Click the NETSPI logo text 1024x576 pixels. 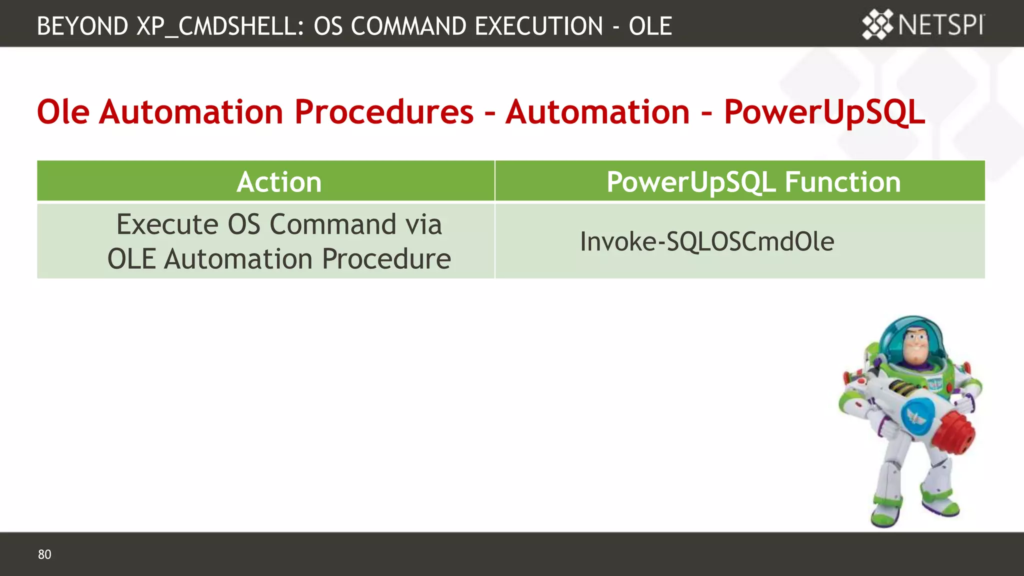coord(941,25)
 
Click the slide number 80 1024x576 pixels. coord(44,554)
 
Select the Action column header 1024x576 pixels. coord(279,181)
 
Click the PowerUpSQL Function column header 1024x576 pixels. coord(753,181)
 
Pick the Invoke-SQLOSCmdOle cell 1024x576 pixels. coord(707,241)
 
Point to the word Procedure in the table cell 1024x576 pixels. coord(386,259)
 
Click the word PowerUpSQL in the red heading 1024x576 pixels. coord(824,111)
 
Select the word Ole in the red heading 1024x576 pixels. coord(63,111)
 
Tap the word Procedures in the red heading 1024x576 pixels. coord(383,111)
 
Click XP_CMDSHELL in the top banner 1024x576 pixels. coord(220,26)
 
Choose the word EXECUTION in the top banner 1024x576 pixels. coord(538,26)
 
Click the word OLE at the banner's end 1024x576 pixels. coord(650,26)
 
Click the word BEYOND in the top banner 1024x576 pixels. coord(82,26)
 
